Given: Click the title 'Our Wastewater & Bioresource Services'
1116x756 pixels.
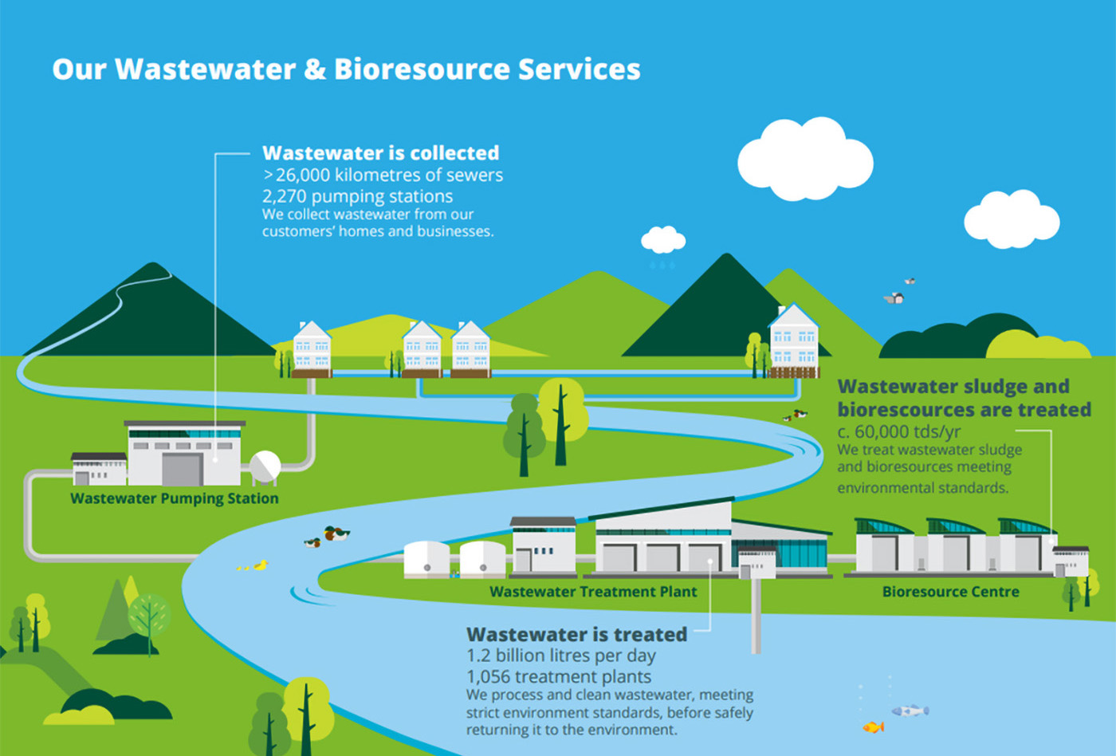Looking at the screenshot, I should [x=346, y=69].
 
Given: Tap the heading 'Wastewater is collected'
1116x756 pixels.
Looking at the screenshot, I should [x=380, y=153].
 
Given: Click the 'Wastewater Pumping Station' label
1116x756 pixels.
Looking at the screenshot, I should [x=175, y=498].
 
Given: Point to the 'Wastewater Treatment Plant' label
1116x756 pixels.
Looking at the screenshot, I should [x=593, y=592].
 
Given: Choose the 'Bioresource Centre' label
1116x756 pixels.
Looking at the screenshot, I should [x=950, y=592].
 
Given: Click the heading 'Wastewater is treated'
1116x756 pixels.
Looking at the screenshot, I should [x=576, y=635].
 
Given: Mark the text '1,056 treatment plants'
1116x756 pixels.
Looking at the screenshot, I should [x=559, y=677].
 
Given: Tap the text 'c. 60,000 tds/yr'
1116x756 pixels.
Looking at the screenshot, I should [x=899, y=431].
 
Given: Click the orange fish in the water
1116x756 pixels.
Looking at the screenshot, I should [x=874, y=726].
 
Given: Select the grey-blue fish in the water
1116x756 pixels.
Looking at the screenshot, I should [x=910, y=710].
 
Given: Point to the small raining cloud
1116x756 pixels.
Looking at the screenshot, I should [x=663, y=239].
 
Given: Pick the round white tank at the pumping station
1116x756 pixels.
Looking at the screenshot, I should [x=265, y=466].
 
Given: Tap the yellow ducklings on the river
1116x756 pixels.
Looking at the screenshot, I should [x=252, y=566].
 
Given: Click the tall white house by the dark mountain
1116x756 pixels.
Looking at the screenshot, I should [x=793, y=341].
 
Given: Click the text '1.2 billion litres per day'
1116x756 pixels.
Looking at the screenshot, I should [x=560, y=656].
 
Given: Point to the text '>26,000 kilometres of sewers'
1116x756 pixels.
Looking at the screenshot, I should [x=383, y=175].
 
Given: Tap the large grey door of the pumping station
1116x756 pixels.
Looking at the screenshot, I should [x=182, y=469].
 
